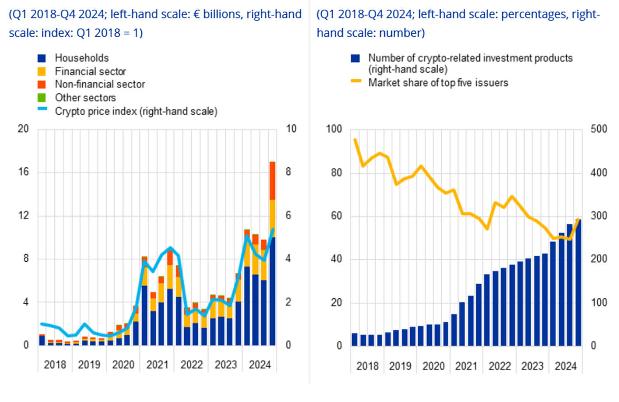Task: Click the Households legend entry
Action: [x=81, y=58]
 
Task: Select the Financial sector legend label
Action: [x=90, y=71]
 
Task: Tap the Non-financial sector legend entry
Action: [x=100, y=84]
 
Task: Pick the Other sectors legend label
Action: [x=85, y=98]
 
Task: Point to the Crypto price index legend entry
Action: [x=136, y=111]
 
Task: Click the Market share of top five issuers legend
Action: [x=438, y=83]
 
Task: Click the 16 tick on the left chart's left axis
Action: [x=23, y=172]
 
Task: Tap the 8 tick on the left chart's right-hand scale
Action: [x=289, y=172]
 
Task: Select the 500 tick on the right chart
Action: [x=598, y=129]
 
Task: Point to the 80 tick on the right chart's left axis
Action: [x=336, y=173]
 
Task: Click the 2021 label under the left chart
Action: [x=157, y=365]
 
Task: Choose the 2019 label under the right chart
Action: [x=400, y=366]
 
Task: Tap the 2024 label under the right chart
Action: [x=565, y=366]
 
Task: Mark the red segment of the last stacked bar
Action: [x=272, y=181]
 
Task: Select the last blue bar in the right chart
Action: [x=578, y=284]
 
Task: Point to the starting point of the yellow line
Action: [x=355, y=140]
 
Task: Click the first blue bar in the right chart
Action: [x=355, y=340]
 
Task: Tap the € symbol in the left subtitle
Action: [x=196, y=14]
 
